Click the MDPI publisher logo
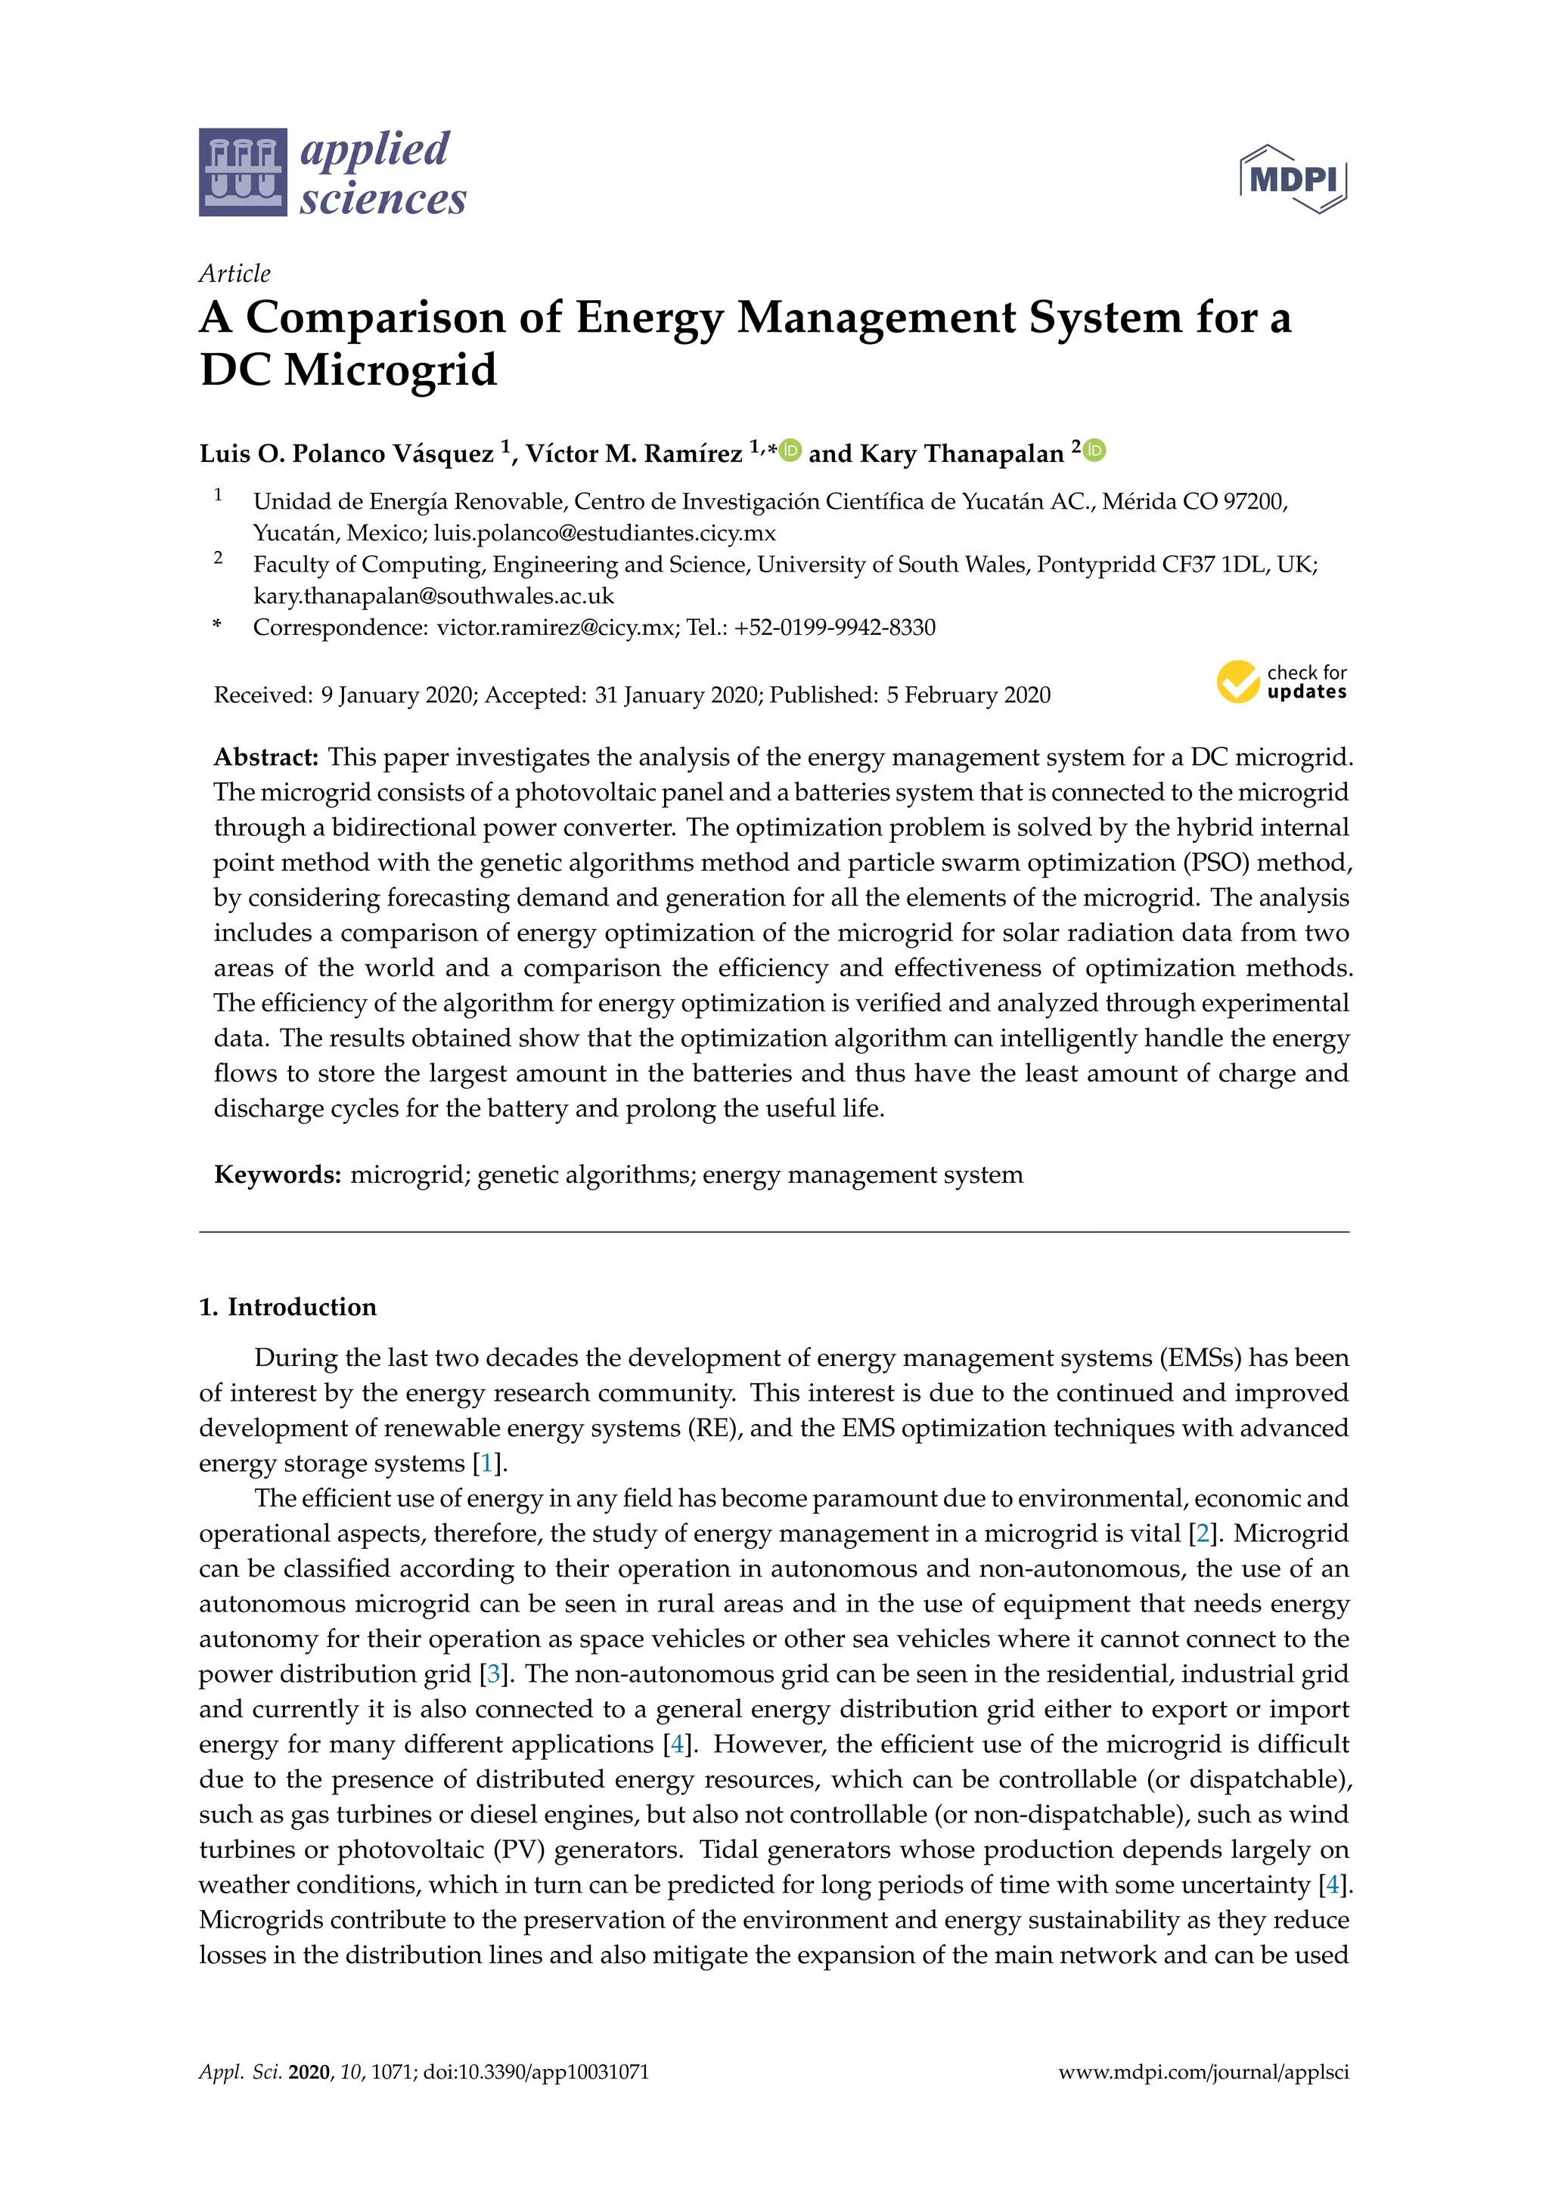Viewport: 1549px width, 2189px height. tap(1293, 178)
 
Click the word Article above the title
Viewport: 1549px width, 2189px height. tap(234, 274)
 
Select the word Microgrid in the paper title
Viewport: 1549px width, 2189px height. tap(390, 370)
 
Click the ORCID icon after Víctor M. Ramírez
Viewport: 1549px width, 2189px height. tap(790, 450)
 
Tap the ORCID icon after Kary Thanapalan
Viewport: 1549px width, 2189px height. tap(1095, 450)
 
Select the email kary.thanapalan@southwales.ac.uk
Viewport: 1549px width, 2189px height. tap(433, 596)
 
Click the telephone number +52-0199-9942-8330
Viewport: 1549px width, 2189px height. tap(834, 627)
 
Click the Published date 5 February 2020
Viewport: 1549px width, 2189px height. tap(968, 695)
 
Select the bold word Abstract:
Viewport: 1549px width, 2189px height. tap(266, 757)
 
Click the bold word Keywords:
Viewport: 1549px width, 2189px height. tap(278, 1175)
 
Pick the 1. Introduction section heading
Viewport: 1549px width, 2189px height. tap(287, 1306)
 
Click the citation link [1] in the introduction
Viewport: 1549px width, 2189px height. tap(486, 1463)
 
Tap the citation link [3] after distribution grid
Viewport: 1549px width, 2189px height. tap(493, 1673)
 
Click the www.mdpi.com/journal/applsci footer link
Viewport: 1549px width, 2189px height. tap(1203, 2072)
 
